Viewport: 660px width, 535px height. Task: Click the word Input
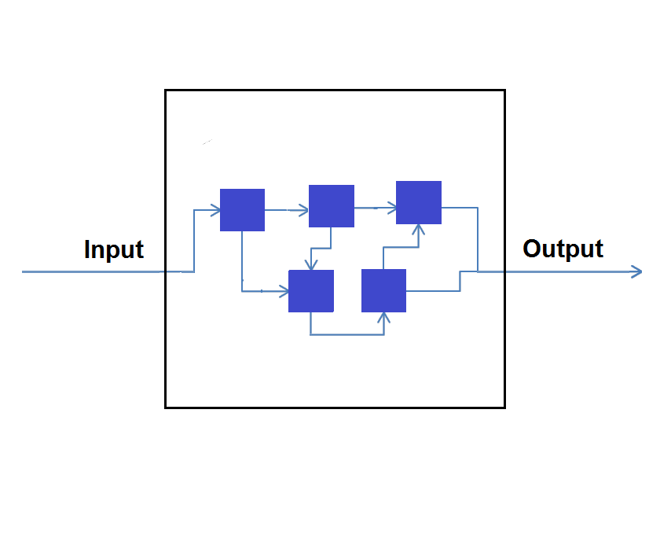(x=113, y=249)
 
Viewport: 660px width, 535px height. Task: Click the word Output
(x=563, y=249)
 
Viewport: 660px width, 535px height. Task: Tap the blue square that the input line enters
(x=242, y=210)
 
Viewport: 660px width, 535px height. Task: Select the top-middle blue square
(x=332, y=206)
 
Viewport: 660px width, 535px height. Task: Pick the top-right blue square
(x=419, y=203)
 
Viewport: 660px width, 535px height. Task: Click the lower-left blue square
(x=311, y=291)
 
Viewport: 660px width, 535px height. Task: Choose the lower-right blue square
(x=383, y=290)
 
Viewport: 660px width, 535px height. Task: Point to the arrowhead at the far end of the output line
(x=637, y=271)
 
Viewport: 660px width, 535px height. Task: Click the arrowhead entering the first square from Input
(x=214, y=210)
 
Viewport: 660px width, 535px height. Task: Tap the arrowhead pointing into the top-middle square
(x=303, y=210)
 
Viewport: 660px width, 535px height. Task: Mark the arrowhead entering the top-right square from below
(x=419, y=230)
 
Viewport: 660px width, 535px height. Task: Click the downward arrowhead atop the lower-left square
(x=312, y=265)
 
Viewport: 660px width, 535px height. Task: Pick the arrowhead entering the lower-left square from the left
(x=284, y=292)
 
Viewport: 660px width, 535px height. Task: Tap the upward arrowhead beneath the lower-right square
(x=384, y=317)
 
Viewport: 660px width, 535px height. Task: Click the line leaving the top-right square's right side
(x=464, y=208)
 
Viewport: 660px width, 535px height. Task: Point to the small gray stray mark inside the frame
(x=207, y=142)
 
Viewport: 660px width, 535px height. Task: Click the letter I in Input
(x=87, y=249)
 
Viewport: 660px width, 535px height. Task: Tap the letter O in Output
(x=532, y=249)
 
